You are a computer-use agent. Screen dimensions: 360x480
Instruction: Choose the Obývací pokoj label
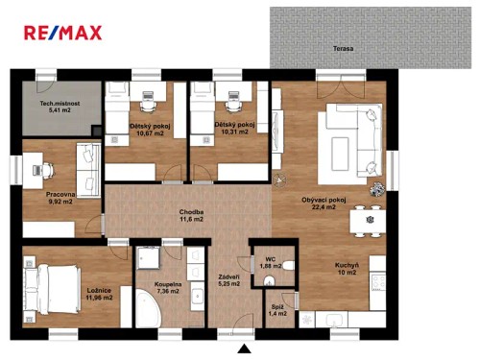coord(324,205)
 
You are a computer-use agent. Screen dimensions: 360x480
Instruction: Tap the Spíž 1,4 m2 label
coord(276,309)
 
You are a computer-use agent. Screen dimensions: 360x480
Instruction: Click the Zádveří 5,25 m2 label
coord(228,279)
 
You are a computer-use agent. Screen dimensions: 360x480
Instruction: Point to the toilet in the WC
coord(270,279)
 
